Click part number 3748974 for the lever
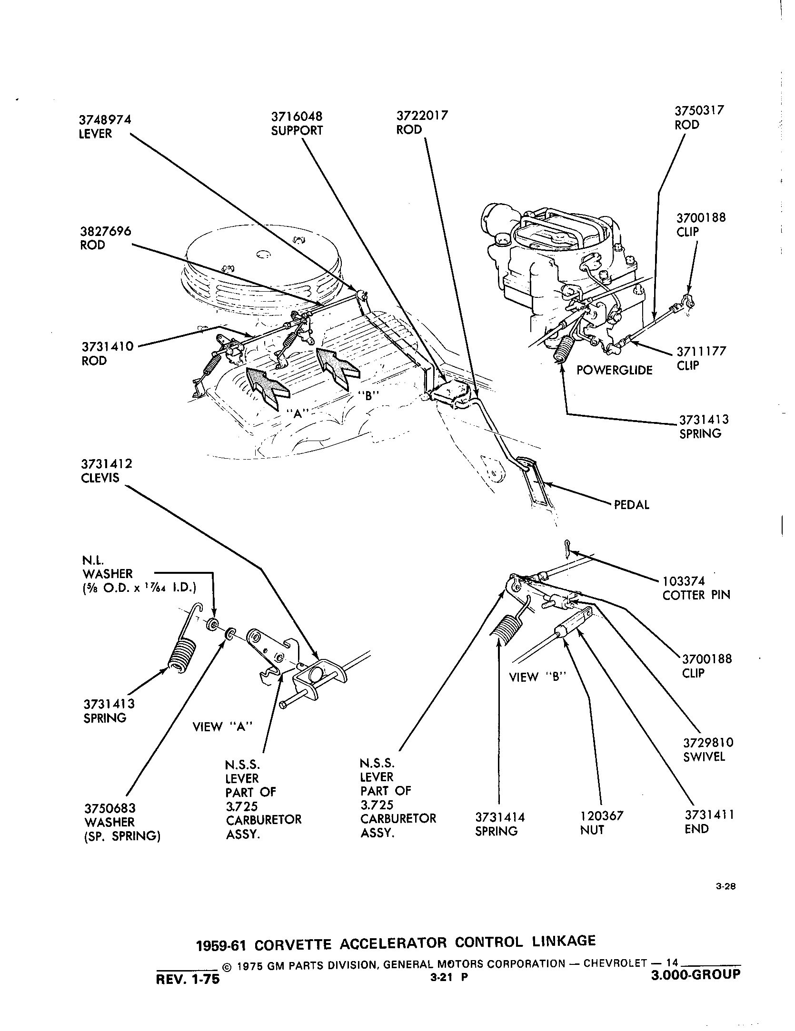tap(105, 119)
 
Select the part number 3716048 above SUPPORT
tap(297, 117)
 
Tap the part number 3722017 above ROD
tap(422, 116)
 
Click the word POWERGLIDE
tap(614, 370)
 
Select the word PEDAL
tap(632, 505)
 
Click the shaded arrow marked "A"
tap(267, 384)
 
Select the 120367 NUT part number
tap(601, 816)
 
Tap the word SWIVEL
tap(704, 757)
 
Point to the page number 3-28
tap(725, 886)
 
